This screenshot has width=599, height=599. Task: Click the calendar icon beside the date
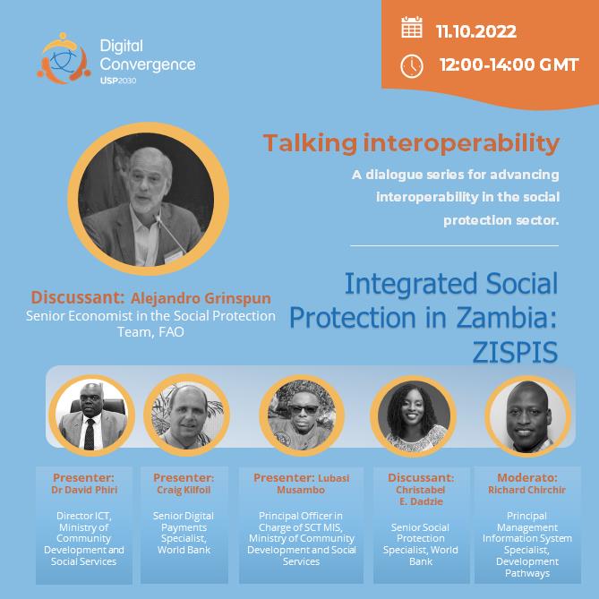[x=412, y=28]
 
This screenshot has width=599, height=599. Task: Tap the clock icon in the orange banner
[x=412, y=66]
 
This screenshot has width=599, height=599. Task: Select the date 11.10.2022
[x=476, y=31]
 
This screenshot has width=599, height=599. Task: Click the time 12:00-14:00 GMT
[x=509, y=64]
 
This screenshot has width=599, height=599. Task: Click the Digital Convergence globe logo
[x=64, y=58]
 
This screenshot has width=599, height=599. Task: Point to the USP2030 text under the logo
[x=118, y=81]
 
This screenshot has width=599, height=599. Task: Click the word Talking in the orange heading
[x=310, y=144]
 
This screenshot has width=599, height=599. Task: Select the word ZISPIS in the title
[x=515, y=352]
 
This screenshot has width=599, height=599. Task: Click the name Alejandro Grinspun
[x=201, y=298]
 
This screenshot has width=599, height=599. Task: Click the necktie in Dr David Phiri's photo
[x=90, y=434]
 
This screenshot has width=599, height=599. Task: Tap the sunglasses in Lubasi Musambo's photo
[x=304, y=409]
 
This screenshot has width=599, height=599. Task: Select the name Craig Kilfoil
[x=184, y=490]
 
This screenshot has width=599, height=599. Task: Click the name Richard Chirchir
[x=526, y=490]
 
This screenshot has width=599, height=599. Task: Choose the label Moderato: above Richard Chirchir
[x=527, y=478]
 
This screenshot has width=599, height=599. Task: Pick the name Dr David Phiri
[x=84, y=490]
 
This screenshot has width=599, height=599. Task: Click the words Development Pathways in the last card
[x=527, y=568]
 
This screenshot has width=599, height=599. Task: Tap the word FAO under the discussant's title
[x=172, y=332]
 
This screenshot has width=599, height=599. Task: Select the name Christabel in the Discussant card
[x=421, y=490]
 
